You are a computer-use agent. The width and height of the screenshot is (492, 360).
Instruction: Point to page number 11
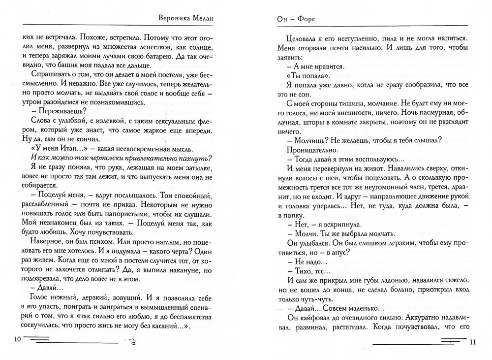click(473, 342)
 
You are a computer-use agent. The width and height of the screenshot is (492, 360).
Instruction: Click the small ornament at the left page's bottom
click(131, 339)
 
